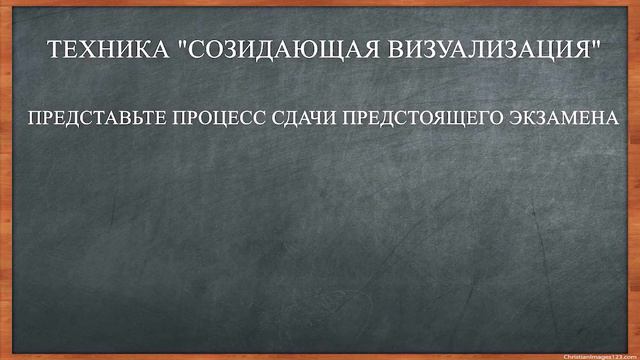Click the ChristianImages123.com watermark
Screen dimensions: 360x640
point(598,355)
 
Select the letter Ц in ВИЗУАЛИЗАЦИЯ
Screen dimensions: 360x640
point(553,49)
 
